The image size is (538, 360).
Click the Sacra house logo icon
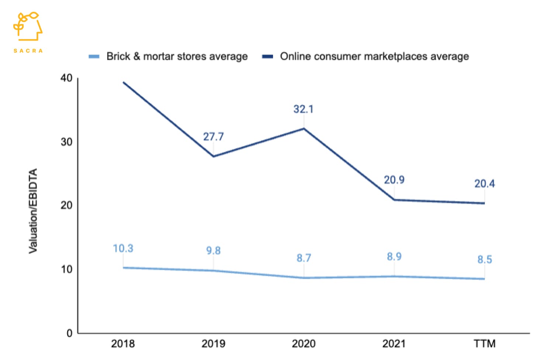coord(28,27)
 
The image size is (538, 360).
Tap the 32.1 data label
coord(303,109)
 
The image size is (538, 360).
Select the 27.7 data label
coord(213,137)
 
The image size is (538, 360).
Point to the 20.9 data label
coord(394,180)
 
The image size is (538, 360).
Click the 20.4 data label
coord(484,184)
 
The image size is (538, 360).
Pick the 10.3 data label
coord(123,249)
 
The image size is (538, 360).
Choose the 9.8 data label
coord(213,251)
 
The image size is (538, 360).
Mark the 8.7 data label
coord(304,258)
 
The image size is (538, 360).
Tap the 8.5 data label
coord(484,260)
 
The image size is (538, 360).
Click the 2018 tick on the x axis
coord(123,344)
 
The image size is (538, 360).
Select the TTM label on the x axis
coord(484,344)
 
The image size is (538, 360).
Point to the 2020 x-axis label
coord(304,344)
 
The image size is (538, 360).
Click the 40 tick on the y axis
coord(66,78)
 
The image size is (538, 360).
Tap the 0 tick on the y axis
coord(69,333)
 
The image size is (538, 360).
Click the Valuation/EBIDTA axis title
coord(33,211)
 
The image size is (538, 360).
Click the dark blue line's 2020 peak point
coord(304,128)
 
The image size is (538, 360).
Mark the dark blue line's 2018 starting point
coord(123,82)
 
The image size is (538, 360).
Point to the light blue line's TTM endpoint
coord(484,279)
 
